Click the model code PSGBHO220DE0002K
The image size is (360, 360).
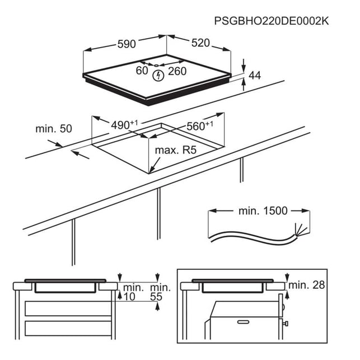272,21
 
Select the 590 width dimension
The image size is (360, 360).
127,44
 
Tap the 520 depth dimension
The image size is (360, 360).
200,43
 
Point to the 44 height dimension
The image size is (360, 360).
255,76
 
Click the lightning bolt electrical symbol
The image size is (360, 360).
158,76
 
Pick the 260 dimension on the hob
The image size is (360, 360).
177,71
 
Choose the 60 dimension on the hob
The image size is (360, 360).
142,71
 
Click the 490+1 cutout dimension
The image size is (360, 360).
124,125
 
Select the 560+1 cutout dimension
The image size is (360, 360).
200,125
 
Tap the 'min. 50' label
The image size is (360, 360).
54,129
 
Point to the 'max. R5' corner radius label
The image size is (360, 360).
176,150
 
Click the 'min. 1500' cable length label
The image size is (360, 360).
263,211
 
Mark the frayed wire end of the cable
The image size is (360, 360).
301,230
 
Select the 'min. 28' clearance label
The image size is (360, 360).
306,285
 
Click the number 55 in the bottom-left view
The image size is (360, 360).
156,297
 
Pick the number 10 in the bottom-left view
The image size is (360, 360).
129,297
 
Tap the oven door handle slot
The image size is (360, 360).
243,322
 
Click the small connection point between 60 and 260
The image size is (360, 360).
156,66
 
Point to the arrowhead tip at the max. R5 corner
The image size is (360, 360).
149,172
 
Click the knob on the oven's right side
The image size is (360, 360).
286,324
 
